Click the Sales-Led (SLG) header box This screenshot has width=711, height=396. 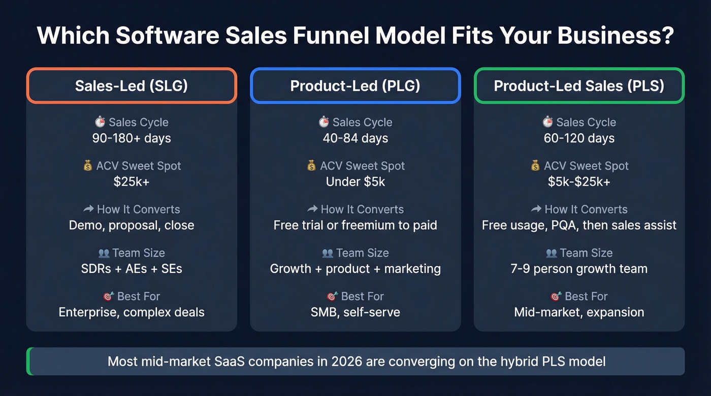[132, 86]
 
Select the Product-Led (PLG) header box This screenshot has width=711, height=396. [355, 86]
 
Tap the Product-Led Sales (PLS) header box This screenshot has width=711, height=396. [579, 86]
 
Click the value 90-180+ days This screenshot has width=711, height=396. [132, 138]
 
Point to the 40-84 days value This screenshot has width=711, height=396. [355, 138]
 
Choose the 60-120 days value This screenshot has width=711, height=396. [579, 138]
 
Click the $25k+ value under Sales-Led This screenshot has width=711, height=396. [132, 182]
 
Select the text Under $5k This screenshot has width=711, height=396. [355, 182]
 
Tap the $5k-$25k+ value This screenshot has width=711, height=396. [579, 182]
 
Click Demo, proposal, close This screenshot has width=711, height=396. [132, 225]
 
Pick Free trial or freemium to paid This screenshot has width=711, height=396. [355, 225]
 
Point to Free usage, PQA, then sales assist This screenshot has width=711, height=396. [579, 225]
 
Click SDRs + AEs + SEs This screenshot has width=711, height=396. [132, 269]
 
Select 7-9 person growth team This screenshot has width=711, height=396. [579, 269]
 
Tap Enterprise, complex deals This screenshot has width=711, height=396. [132, 312]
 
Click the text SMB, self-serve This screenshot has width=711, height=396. [355, 312]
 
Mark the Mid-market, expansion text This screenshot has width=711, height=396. [579, 312]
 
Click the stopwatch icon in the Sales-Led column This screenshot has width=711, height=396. [100, 122]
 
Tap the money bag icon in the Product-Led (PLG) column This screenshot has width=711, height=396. [311, 166]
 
